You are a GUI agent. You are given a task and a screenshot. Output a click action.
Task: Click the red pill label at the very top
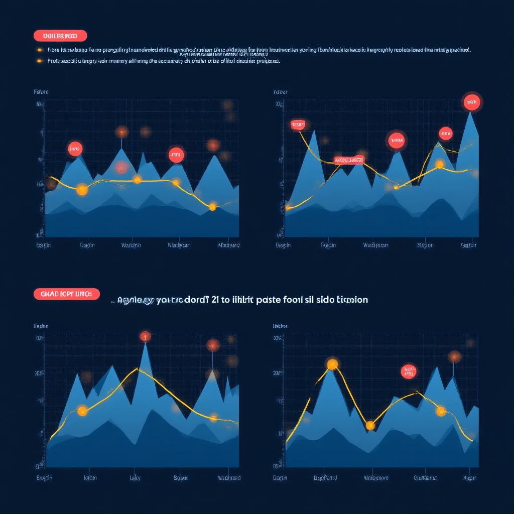pyautogui.click(x=60, y=36)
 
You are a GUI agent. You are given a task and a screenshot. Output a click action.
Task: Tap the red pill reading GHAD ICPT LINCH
pyautogui.click(x=67, y=294)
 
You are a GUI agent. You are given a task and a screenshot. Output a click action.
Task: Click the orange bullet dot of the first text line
pyautogui.click(x=39, y=50)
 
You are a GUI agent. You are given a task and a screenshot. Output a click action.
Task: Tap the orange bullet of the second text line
pyautogui.click(x=39, y=61)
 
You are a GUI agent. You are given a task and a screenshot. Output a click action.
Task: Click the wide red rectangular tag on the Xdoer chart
pyautogui.click(x=349, y=160)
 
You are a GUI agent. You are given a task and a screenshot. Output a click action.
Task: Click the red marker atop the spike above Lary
pyautogui.click(x=145, y=336)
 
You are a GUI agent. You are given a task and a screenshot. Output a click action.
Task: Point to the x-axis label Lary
pyautogui.click(x=136, y=478)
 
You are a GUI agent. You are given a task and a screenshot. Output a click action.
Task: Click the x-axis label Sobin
pyautogui.click(x=181, y=478)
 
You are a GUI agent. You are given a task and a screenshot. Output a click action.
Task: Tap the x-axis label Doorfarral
pyautogui.click(x=325, y=478)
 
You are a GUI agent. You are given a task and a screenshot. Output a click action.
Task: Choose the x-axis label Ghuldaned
pyautogui.click(x=426, y=478)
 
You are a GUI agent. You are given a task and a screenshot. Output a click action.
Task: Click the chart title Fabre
pyautogui.click(x=41, y=92)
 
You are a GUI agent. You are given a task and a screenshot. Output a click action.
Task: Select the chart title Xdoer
pyautogui.click(x=280, y=92)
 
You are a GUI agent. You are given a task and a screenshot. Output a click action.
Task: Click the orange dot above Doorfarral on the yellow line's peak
pyautogui.click(x=332, y=364)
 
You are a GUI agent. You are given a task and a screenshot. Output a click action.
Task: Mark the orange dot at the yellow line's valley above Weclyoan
pyautogui.click(x=370, y=426)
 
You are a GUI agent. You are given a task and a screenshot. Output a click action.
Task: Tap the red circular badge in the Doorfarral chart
pyautogui.click(x=409, y=371)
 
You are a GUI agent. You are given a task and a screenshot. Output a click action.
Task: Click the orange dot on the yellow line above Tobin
pyautogui.click(x=82, y=412)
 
